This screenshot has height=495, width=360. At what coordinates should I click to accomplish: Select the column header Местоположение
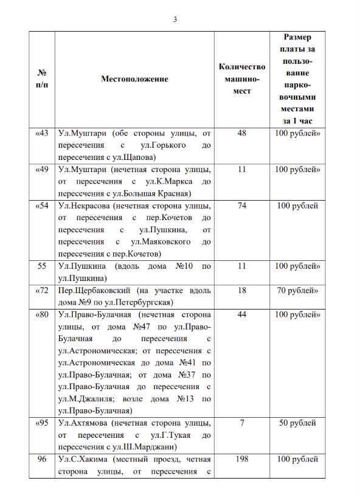coord(134,79)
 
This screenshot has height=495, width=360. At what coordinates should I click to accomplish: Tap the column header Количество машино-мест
coord(242,78)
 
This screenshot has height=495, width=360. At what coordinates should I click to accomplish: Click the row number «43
coord(43,133)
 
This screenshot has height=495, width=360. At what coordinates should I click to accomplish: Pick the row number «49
coord(43,169)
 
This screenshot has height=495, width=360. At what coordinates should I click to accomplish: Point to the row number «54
coord(43,206)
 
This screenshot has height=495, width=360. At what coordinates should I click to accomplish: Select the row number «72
coord(43,291)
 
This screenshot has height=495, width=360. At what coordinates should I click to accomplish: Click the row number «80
coord(43,315)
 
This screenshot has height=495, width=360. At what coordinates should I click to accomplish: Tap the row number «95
coord(43,423)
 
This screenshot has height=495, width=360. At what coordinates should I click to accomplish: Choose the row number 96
coord(43,460)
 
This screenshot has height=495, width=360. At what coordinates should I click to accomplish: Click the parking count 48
coord(242,133)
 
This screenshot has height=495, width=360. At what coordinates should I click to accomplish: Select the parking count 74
coord(242,206)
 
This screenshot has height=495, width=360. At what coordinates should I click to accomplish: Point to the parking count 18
coord(242,291)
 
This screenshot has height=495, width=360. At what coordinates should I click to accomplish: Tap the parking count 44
coord(242,315)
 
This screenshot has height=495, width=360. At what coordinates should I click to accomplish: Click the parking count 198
coord(242,460)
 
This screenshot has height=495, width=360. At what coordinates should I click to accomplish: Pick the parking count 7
coord(242,423)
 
